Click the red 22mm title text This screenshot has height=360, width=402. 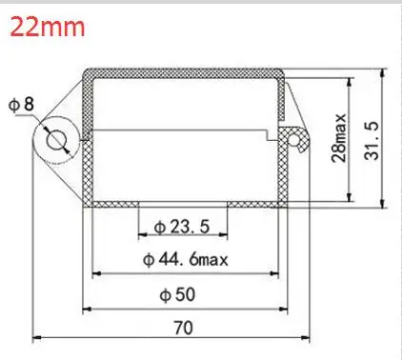[48, 27]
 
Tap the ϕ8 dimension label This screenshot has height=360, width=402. [21, 104]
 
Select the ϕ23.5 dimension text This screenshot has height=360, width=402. [182, 227]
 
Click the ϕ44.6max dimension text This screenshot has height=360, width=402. [186, 260]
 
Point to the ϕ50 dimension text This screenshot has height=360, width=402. [177, 294]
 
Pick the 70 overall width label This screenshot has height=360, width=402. [184, 328]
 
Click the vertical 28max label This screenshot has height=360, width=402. [339, 138]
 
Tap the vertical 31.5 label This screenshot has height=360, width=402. [372, 140]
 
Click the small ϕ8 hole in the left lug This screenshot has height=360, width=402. [57, 140]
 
